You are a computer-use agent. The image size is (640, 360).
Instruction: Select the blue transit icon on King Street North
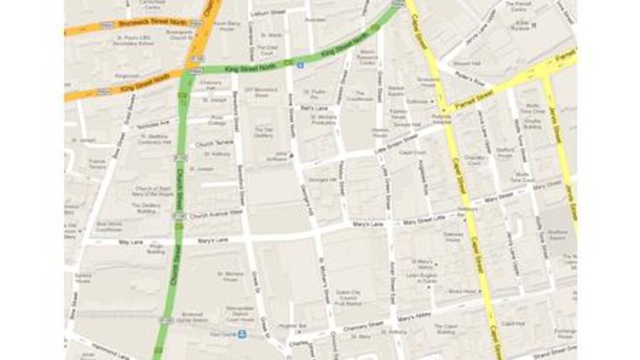tap(300, 64)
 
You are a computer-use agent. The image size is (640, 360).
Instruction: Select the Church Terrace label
tap(214, 142)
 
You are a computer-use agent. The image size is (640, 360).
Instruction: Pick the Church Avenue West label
tap(216, 214)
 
